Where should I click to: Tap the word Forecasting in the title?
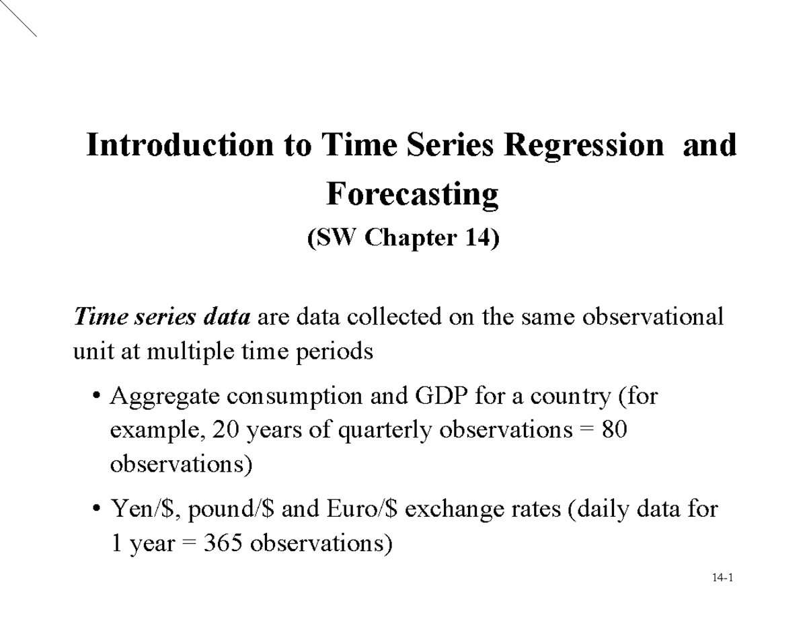point(412,194)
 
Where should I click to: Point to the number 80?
point(614,430)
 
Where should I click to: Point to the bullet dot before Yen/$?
point(98,510)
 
